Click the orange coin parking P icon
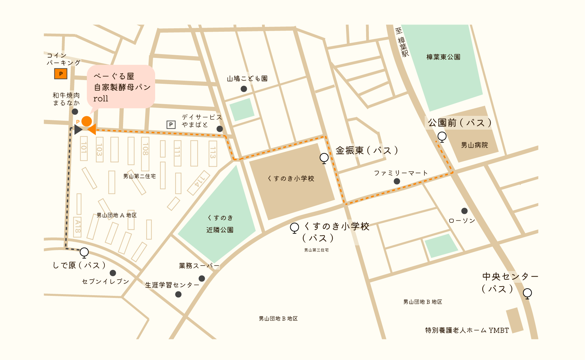pyautogui.click(x=61, y=73)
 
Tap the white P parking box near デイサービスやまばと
pyautogui.click(x=171, y=124)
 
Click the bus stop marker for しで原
pyautogui.click(x=84, y=252)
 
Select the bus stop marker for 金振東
pyautogui.click(x=324, y=158)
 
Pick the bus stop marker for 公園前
pyautogui.click(x=442, y=137)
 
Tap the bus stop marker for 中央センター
pyautogui.click(x=527, y=293)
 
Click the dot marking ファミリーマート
pyautogui.click(x=397, y=181)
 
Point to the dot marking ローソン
pyautogui.click(x=464, y=211)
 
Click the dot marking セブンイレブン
pyautogui.click(x=113, y=273)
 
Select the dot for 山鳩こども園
pyautogui.click(x=244, y=89)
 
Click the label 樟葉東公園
pyautogui.click(x=443, y=57)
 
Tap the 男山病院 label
pyautogui.click(x=474, y=145)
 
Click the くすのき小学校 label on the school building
pyautogui.click(x=291, y=178)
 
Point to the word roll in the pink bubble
pyautogui.click(x=101, y=99)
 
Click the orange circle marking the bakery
pyautogui.click(x=87, y=121)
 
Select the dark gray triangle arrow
pyautogui.click(x=78, y=130)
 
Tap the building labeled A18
pyautogui.click(x=78, y=227)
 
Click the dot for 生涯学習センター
pyautogui.click(x=178, y=294)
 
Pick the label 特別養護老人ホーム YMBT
pyautogui.click(x=467, y=330)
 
